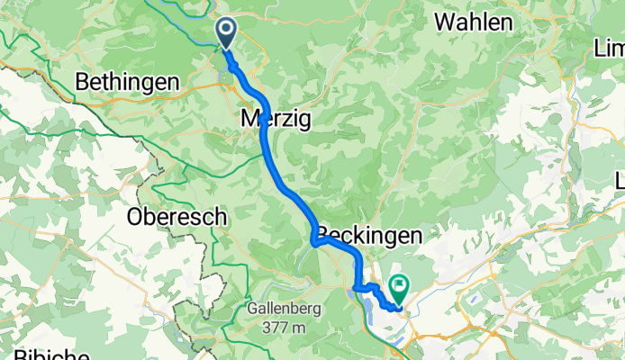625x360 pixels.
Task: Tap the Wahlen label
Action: [474, 22]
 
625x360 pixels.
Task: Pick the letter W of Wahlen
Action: [444, 22]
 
